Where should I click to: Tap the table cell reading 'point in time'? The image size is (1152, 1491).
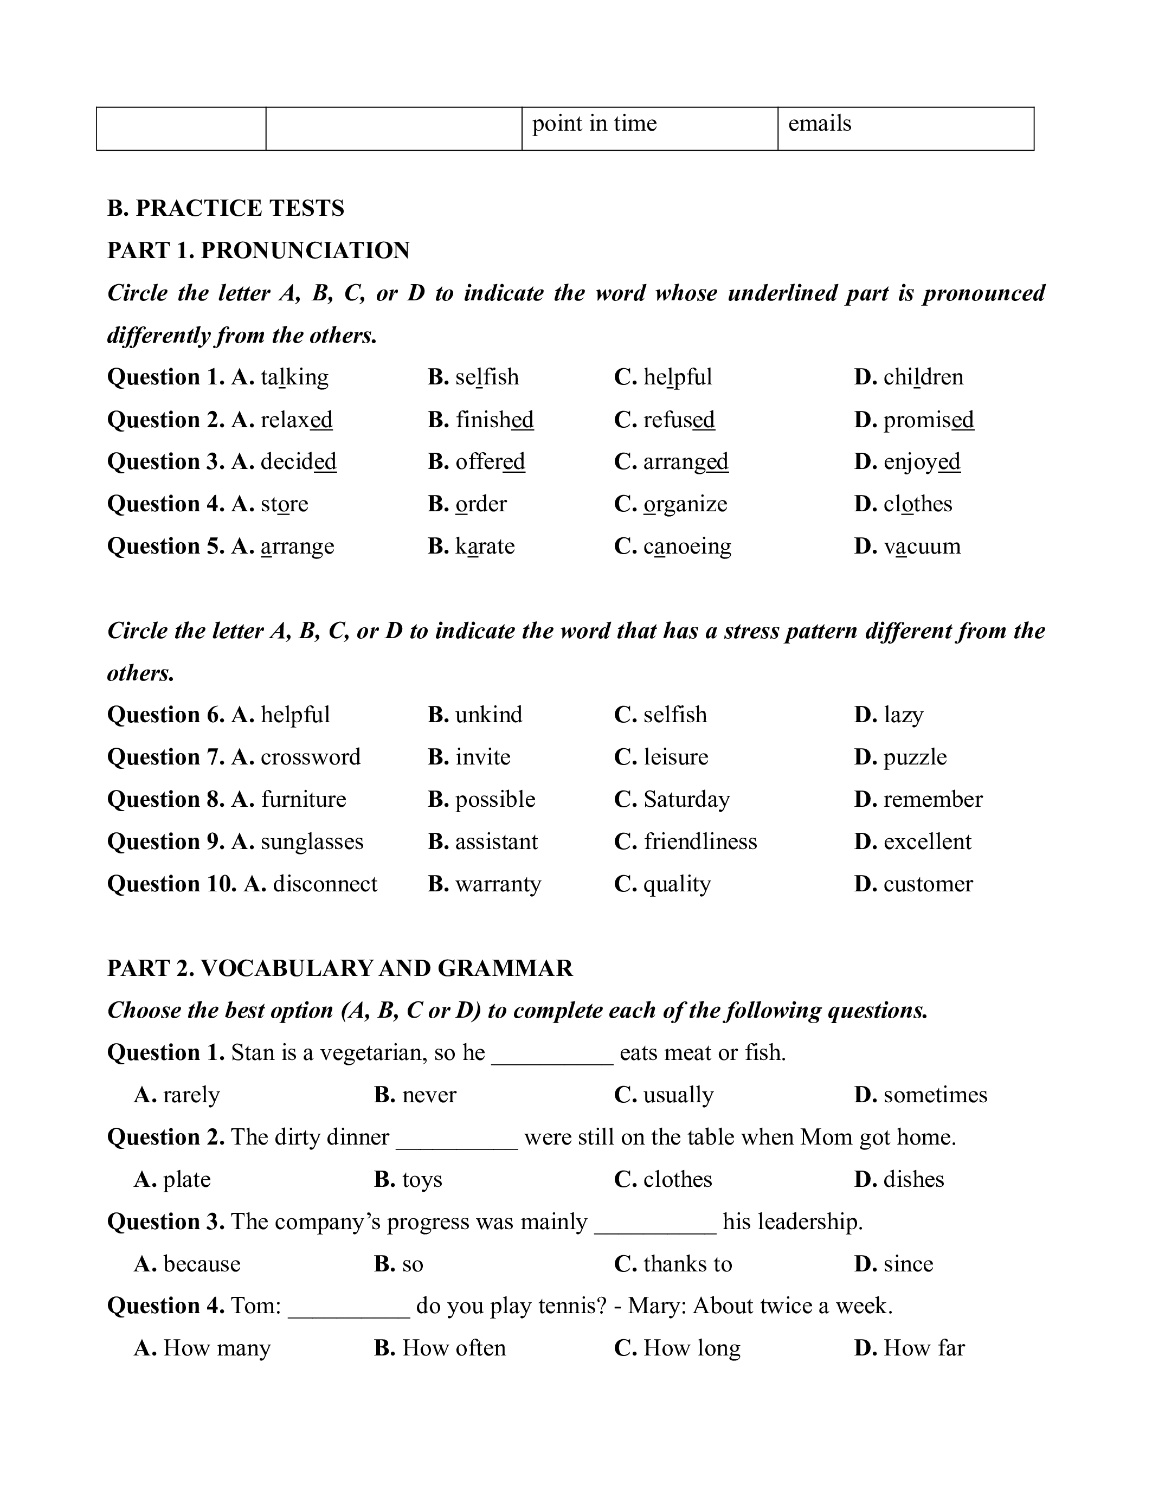click(x=649, y=128)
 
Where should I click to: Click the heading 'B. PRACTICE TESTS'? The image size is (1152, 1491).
click(x=226, y=208)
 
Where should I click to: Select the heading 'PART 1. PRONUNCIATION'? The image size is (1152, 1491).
click(x=259, y=250)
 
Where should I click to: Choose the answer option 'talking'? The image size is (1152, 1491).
click(x=294, y=377)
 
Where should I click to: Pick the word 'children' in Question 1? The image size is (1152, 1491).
click(x=923, y=377)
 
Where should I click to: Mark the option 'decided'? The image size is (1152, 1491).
click(x=298, y=461)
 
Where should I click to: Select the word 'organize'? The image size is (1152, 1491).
click(x=685, y=504)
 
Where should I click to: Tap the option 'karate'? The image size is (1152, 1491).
click(x=485, y=546)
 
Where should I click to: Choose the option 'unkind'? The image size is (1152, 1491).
click(x=488, y=715)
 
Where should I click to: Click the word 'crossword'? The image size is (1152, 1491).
click(x=311, y=757)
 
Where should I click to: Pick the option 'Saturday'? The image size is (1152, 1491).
click(x=686, y=799)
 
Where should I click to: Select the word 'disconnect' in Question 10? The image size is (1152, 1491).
click(x=325, y=884)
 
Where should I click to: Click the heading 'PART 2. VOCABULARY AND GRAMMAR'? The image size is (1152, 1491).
click(x=340, y=968)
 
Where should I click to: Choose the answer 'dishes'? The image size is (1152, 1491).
click(x=913, y=1180)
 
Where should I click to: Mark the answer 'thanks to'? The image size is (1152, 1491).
click(x=687, y=1264)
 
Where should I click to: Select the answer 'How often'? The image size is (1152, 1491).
click(x=454, y=1348)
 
